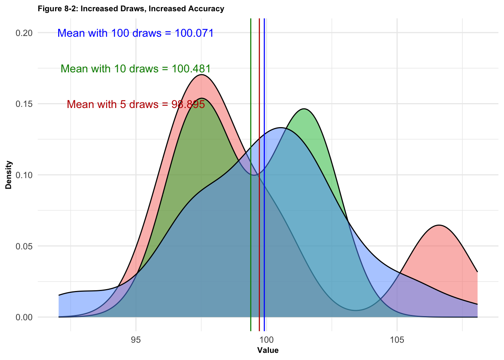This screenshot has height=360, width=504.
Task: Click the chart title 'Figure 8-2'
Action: pos(131,9)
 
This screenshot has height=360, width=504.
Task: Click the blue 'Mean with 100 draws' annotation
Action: pos(135,33)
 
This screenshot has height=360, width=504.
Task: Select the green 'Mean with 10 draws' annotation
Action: pos(135,69)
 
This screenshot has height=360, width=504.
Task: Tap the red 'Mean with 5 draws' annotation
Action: pos(136,104)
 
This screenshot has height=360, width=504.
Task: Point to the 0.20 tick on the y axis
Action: pos(24,33)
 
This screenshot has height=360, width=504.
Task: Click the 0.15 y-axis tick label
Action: pos(24,104)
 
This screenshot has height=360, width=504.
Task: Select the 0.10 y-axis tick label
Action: pos(24,175)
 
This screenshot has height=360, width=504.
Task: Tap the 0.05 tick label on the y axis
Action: pos(24,246)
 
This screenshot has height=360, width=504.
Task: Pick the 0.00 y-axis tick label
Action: pos(24,317)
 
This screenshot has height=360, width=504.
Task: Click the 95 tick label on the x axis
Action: pos(136,340)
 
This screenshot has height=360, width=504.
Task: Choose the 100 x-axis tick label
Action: pos(266,340)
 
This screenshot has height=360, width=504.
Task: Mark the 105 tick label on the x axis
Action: pos(397,340)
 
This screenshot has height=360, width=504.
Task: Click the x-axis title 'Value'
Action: pos(268,351)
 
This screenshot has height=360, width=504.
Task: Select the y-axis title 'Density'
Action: pos(9,175)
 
